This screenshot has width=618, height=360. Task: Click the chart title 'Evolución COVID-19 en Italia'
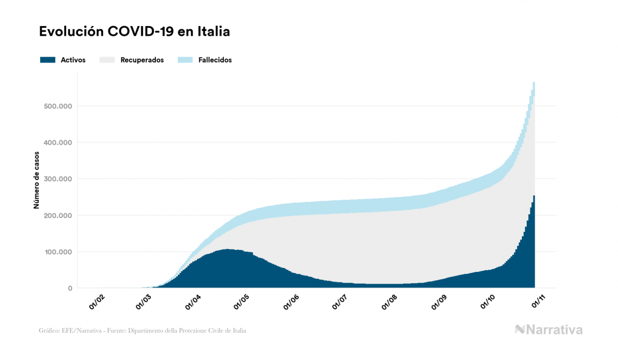pyautogui.click(x=135, y=32)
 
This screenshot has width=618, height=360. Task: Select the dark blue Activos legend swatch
pyautogui.click(x=48, y=60)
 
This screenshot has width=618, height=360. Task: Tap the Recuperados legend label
pyautogui.click(x=142, y=60)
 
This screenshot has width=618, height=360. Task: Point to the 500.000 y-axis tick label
pyautogui.click(x=58, y=106)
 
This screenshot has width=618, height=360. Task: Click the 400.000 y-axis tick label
pyautogui.click(x=58, y=143)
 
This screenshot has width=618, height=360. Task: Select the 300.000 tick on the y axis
pyautogui.click(x=58, y=179)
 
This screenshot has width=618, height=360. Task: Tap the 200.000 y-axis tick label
pyautogui.click(x=58, y=215)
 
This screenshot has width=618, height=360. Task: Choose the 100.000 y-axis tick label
pyautogui.click(x=58, y=252)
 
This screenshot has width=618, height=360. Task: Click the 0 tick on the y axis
pyautogui.click(x=69, y=288)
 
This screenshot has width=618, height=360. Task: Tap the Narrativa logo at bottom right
pyautogui.click(x=549, y=330)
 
